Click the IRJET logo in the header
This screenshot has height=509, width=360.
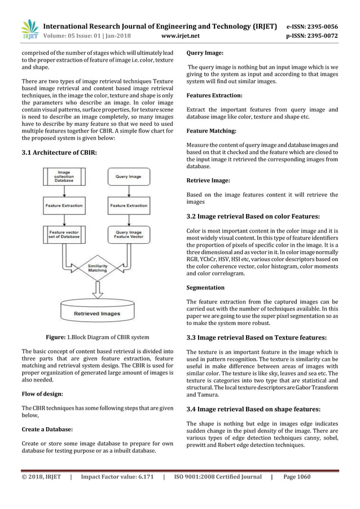pos(29,29)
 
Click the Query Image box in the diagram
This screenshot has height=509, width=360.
pos(128,176)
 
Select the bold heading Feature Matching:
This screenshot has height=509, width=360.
pos(211,131)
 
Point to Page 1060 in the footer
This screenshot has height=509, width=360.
pos(297,477)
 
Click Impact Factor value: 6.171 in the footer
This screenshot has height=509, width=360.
pos(117,477)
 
